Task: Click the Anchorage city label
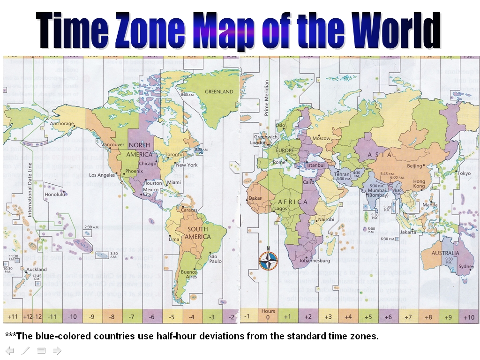(x=62, y=124)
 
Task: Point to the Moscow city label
(x=322, y=138)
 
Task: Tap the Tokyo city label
(x=464, y=173)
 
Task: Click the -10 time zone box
(x=72, y=317)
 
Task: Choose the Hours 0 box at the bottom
(x=268, y=315)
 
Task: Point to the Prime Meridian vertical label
(x=267, y=98)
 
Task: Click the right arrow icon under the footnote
(x=57, y=350)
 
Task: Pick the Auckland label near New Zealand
(x=37, y=270)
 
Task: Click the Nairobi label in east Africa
(x=326, y=219)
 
